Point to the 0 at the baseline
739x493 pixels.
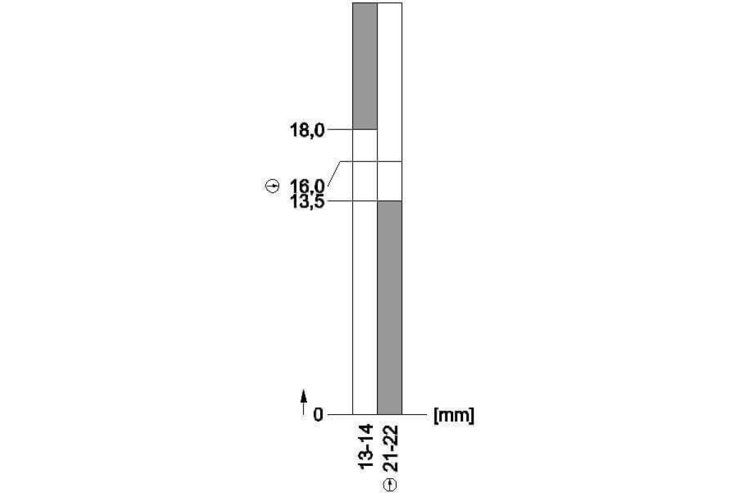click(x=318, y=415)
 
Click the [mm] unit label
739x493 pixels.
click(x=454, y=415)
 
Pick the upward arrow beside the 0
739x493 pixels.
click(x=304, y=403)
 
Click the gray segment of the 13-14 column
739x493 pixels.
click(x=365, y=66)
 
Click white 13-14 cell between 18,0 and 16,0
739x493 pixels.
click(x=365, y=145)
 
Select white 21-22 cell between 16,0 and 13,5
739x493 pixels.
click(x=389, y=181)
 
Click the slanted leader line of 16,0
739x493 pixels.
click(x=334, y=173)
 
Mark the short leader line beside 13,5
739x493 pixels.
click(x=339, y=201)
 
